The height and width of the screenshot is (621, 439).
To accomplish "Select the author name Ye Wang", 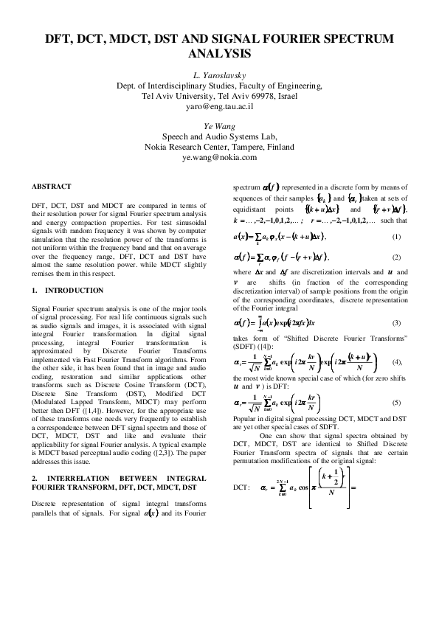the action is tap(219, 126).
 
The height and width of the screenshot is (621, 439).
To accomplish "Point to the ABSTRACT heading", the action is tap(52, 186).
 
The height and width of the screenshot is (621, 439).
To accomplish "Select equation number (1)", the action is tap(397, 236).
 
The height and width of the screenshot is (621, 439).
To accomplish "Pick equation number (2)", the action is tap(397, 257).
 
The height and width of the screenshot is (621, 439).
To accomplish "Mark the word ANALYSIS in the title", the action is tap(219, 54).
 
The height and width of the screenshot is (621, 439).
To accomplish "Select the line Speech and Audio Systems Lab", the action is tap(219, 136).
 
